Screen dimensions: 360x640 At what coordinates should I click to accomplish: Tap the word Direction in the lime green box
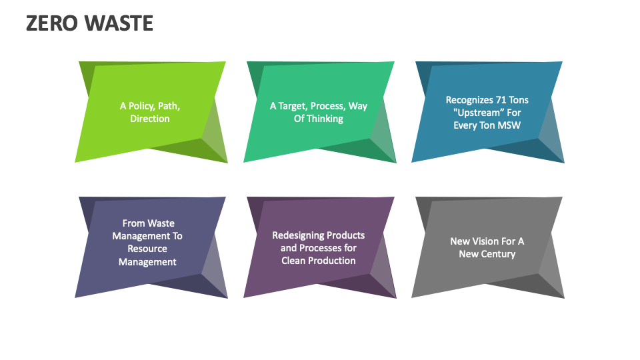coord(150,119)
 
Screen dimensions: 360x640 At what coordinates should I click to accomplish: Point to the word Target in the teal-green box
coord(293,106)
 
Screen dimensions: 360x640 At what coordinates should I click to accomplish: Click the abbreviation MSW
coord(508,125)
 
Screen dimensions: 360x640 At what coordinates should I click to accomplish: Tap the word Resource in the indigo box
coord(147,249)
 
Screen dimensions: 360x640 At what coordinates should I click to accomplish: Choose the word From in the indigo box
coord(133,223)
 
